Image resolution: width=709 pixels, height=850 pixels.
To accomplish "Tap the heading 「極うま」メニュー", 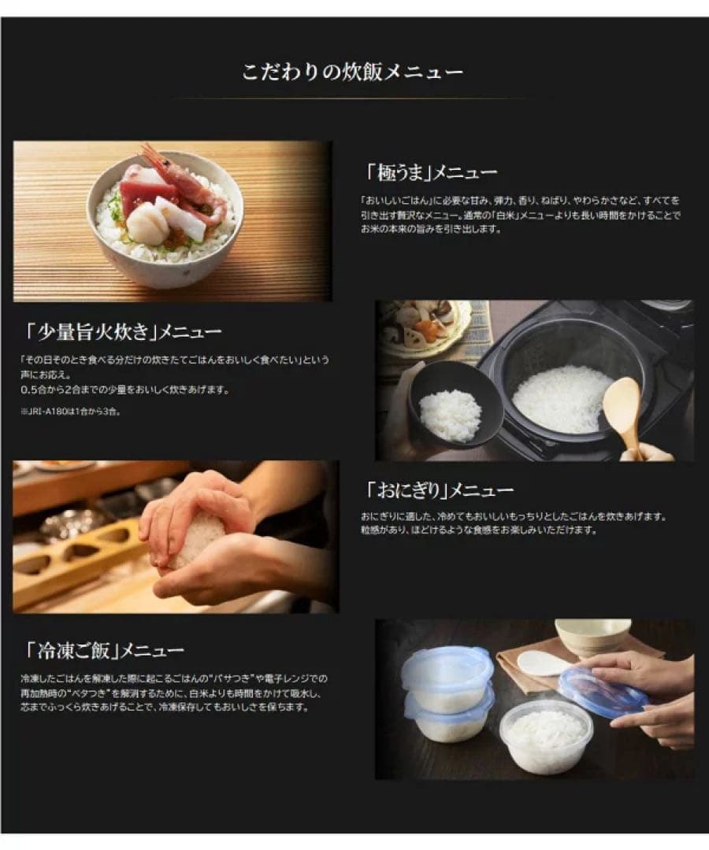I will click(x=431, y=172).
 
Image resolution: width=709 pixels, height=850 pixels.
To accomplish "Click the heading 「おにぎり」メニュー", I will click(x=439, y=490).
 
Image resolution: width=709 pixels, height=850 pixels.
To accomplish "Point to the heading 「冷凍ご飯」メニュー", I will click(x=102, y=650).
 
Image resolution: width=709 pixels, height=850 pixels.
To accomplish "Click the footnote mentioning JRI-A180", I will click(x=71, y=411).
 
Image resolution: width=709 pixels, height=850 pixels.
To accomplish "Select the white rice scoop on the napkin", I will click(x=544, y=663).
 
